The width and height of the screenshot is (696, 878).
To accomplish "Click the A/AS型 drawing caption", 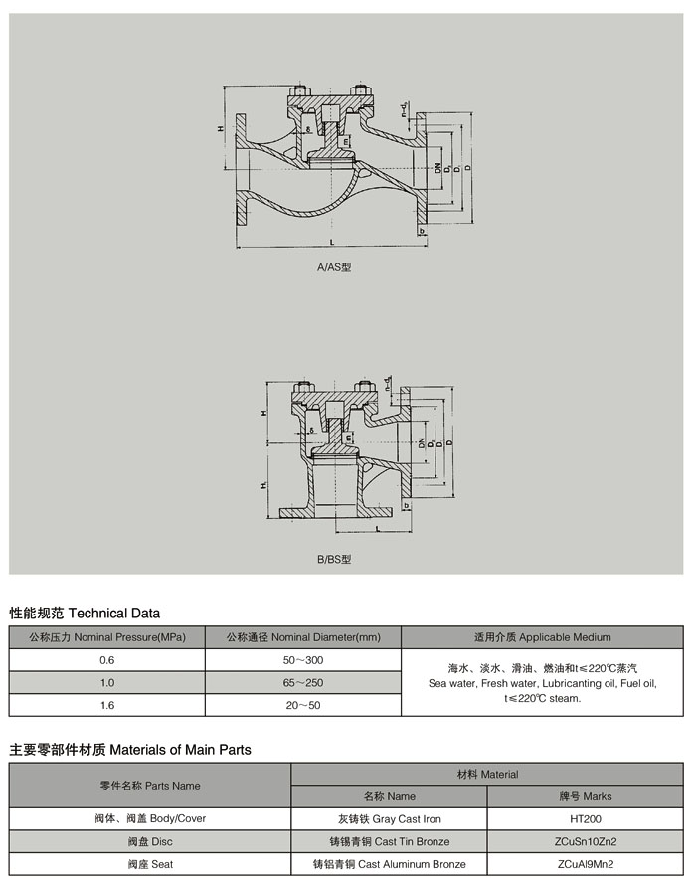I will point(334,268).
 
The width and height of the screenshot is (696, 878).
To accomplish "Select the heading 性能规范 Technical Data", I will point(85,614).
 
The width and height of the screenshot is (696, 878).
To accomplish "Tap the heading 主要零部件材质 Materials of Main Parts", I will point(130,750).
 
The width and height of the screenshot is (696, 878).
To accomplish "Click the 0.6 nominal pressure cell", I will point(107,660).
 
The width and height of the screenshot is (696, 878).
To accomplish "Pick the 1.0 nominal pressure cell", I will point(107,682).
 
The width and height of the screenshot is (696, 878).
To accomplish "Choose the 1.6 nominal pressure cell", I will point(107,704).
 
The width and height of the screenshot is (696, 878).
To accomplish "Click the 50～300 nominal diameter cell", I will point(303,660).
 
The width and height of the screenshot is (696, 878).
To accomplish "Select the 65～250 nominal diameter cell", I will point(303,682).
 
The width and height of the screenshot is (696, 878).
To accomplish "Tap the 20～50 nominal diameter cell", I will point(303,704).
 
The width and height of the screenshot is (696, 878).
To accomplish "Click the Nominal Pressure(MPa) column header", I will point(107,637).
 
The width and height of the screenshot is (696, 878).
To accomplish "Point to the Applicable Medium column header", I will point(543,637).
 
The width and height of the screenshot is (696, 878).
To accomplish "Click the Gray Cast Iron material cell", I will point(388,818).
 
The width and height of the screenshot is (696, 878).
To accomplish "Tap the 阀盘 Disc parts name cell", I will point(150,841).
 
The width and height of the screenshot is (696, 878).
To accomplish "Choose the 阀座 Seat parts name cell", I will point(150,864).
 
